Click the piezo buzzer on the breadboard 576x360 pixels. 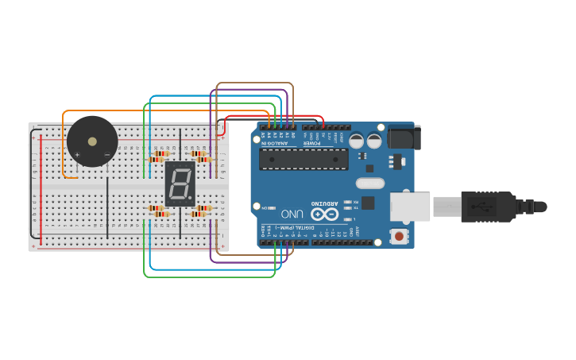point(92,141)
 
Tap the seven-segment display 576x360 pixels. point(180,184)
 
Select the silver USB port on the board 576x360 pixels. point(411,207)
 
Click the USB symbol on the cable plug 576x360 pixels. point(480,207)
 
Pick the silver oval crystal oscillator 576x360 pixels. point(369,183)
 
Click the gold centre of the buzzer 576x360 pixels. point(92,141)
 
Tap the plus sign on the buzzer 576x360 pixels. point(77,154)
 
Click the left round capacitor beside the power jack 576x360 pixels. point(357,141)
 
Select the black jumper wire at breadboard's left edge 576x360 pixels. point(32,183)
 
